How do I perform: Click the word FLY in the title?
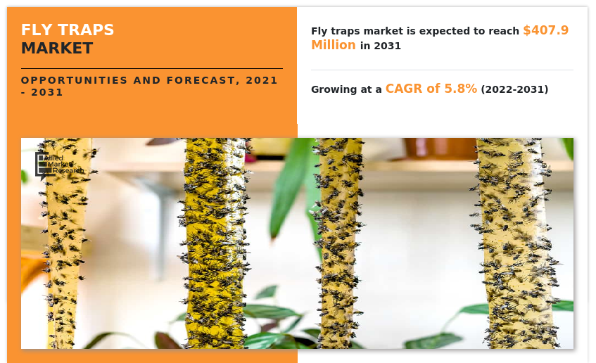[34, 30]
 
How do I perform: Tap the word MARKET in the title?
[56, 49]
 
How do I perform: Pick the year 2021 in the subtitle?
[262, 80]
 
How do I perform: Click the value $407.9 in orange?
[545, 30]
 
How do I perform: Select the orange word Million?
[334, 45]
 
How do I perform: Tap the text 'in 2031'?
[381, 46]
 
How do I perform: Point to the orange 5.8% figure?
[459, 89]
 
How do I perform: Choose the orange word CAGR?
[404, 89]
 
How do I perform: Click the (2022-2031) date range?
[514, 89]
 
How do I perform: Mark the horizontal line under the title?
[151, 68]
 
